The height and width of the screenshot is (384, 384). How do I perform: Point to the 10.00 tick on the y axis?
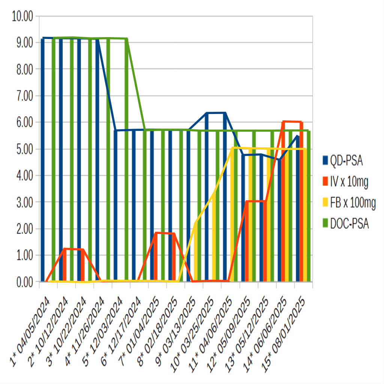tap(22, 16)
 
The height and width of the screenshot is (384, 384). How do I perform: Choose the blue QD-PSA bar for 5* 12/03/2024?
tap(116, 206)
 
